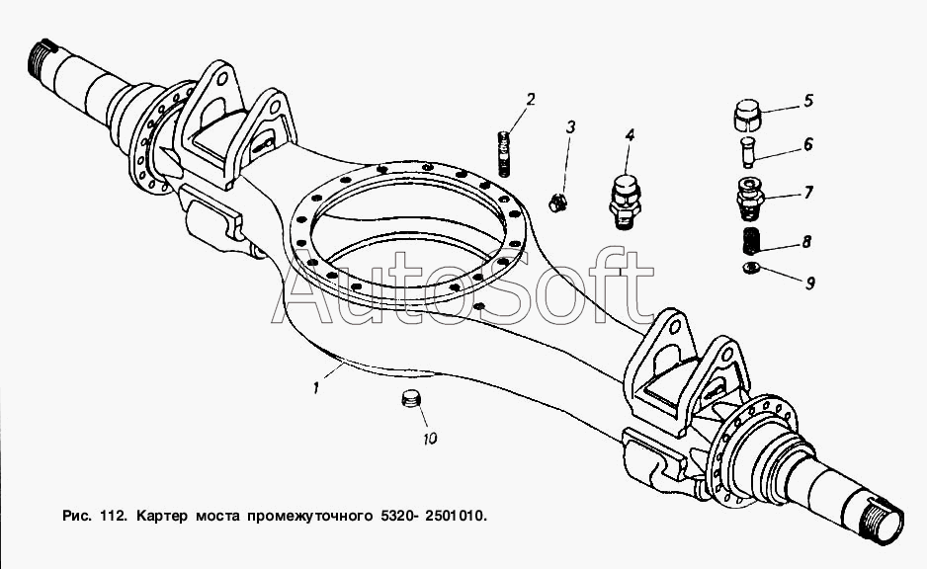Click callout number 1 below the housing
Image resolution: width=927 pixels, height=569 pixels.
pyautogui.click(x=316, y=389)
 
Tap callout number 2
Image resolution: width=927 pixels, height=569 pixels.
pyautogui.click(x=531, y=99)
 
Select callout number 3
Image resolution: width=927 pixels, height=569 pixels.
pyautogui.click(x=570, y=127)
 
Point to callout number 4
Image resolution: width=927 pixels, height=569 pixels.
pyautogui.click(x=630, y=136)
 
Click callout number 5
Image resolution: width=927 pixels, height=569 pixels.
pyautogui.click(x=808, y=101)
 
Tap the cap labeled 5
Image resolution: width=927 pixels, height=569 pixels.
pyautogui.click(x=747, y=116)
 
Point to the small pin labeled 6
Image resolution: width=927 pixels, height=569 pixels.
pyautogui.click(x=748, y=153)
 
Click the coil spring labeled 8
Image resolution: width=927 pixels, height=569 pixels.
pyautogui.click(x=751, y=240)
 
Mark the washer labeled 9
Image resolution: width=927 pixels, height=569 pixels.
pyautogui.click(x=751, y=268)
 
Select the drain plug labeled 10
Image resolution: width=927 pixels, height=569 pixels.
pyautogui.click(x=410, y=398)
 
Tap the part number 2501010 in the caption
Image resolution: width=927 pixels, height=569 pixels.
pyautogui.click(x=454, y=516)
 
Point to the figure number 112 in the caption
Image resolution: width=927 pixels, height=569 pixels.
pyautogui.click(x=113, y=516)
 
